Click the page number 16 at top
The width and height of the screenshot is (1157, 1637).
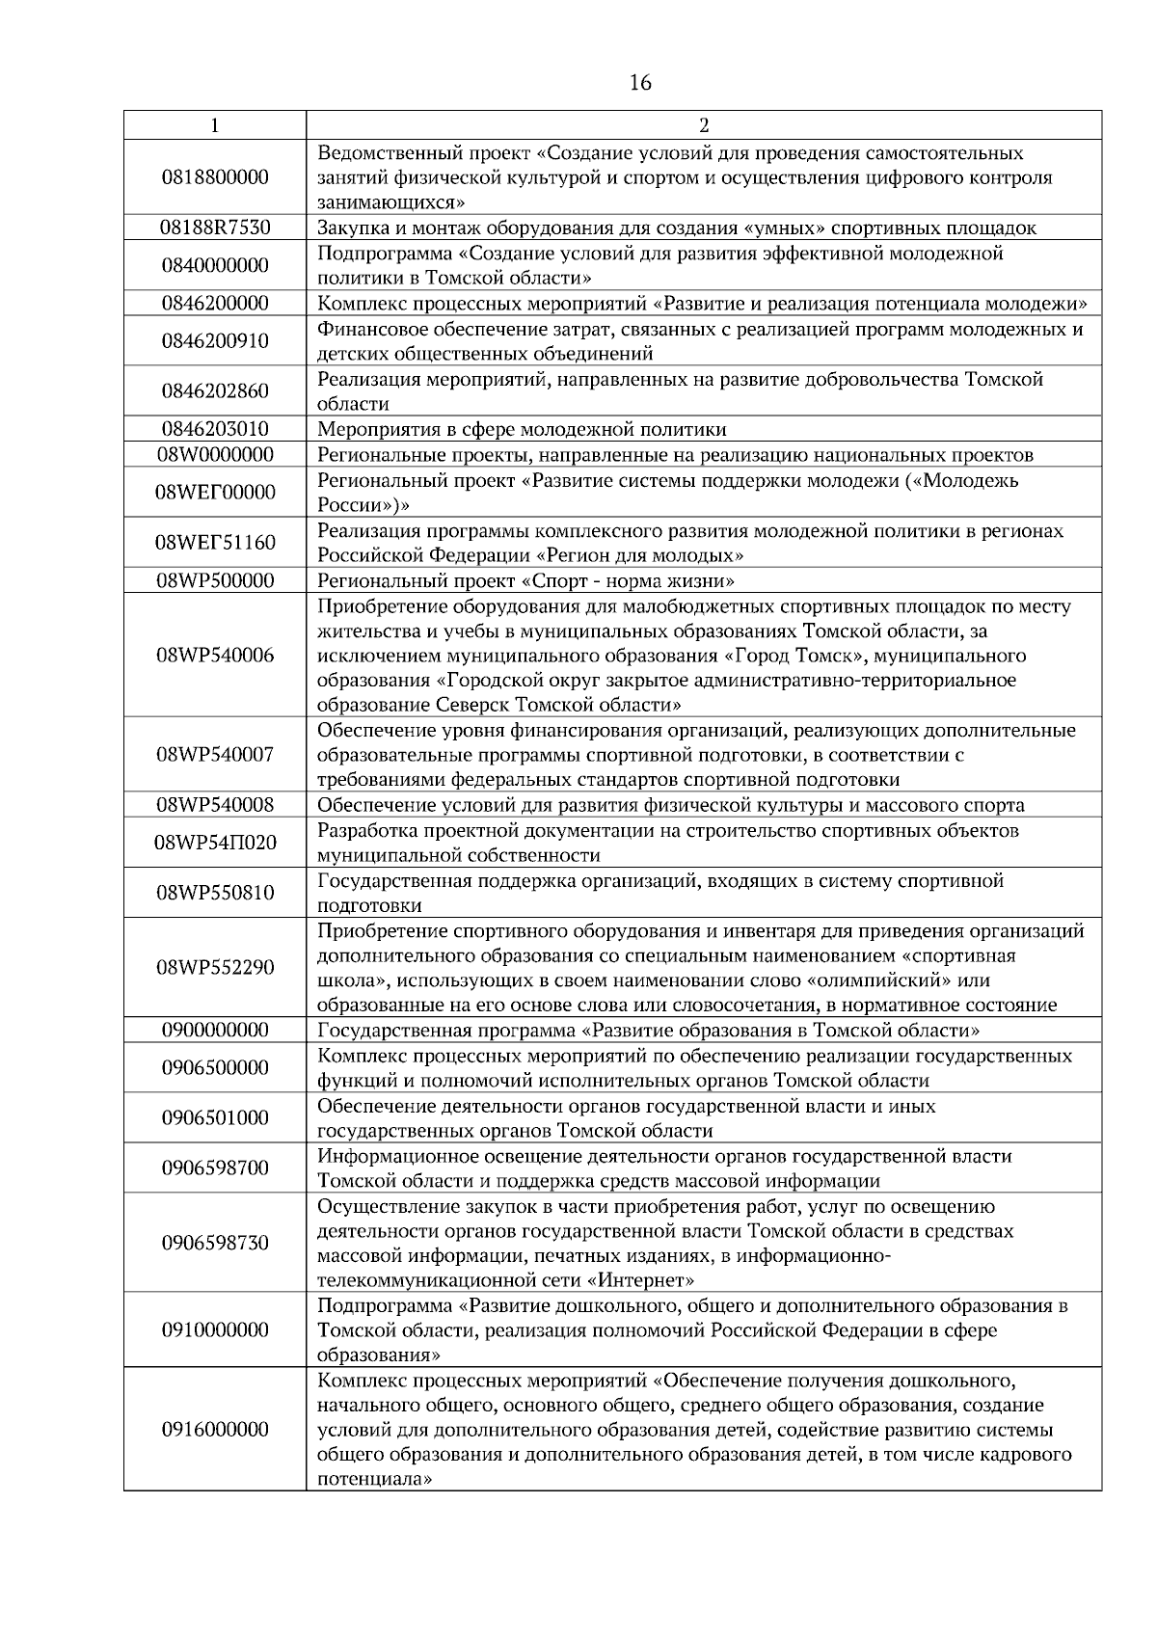tap(640, 83)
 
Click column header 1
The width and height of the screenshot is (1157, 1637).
tap(214, 125)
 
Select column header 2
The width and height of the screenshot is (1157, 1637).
tap(703, 125)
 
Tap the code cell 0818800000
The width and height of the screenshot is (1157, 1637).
tap(215, 177)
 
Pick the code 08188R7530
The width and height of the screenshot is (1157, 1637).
tap(215, 228)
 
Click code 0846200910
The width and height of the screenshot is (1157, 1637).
tap(215, 341)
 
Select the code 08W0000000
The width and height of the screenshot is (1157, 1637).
tap(215, 455)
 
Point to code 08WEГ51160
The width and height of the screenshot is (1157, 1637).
tap(215, 543)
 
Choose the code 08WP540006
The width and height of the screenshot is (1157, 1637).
tap(215, 656)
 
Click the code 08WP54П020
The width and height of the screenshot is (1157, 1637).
tap(215, 844)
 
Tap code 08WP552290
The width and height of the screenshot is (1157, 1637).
tap(215, 968)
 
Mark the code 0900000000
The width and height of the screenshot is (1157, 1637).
tap(215, 1031)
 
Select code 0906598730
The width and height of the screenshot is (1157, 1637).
tap(215, 1243)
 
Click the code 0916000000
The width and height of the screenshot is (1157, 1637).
tap(215, 1430)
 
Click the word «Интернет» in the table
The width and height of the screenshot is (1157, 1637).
tap(640, 1281)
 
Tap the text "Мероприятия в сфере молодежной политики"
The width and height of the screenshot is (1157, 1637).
tap(522, 430)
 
